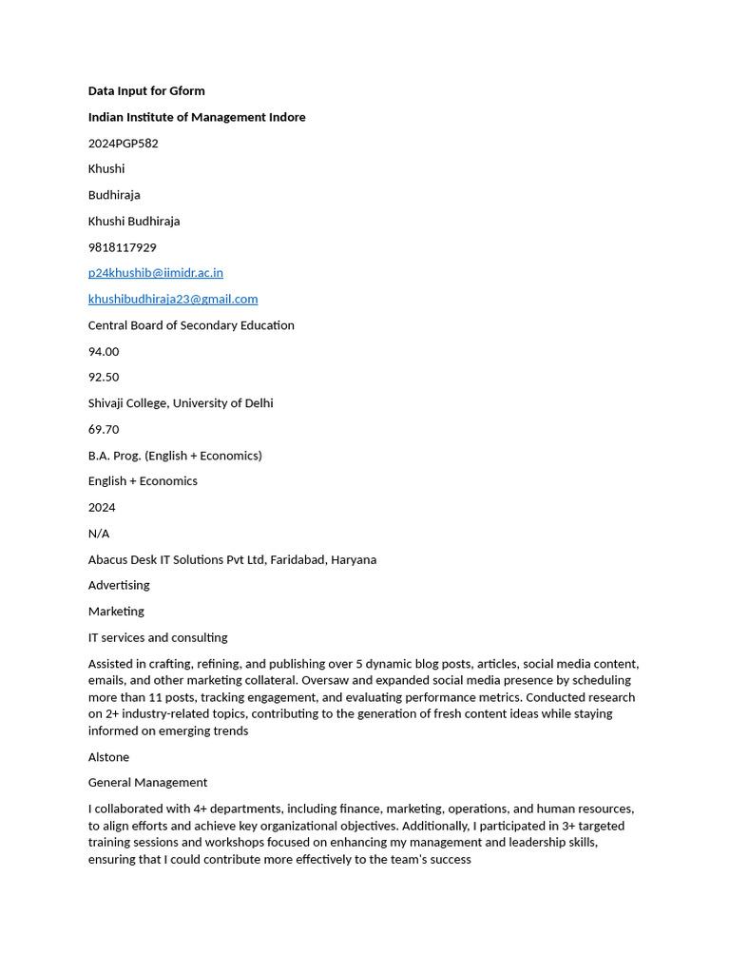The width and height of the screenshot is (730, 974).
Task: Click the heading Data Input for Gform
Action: tap(146, 91)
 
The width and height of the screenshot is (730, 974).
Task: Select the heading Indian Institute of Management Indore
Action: tap(197, 117)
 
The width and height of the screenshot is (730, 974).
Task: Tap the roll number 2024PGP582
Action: tap(124, 144)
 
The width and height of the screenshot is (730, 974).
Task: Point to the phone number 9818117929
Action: tap(123, 247)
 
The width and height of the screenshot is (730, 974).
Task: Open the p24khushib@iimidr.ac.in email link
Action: tap(156, 273)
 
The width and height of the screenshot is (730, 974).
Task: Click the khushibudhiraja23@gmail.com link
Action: tap(173, 299)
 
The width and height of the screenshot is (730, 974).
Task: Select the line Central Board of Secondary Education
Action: tap(191, 325)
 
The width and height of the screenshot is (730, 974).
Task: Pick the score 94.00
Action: tap(104, 351)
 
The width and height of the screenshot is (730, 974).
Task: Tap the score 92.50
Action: tap(104, 378)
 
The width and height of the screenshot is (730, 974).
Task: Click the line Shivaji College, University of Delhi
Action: tap(181, 403)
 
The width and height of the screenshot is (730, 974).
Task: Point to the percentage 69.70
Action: tap(104, 429)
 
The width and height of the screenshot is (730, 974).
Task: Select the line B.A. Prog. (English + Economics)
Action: tap(175, 456)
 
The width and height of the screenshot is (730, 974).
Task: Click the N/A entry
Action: tap(99, 534)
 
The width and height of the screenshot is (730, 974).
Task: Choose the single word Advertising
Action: tap(119, 585)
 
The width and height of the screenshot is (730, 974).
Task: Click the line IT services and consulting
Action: tap(158, 637)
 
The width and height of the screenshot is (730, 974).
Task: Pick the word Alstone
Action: tap(108, 757)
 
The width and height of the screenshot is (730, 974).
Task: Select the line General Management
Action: tap(147, 783)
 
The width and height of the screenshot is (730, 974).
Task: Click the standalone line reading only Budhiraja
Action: tap(114, 195)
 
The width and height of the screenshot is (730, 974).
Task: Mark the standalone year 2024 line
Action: tap(102, 507)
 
